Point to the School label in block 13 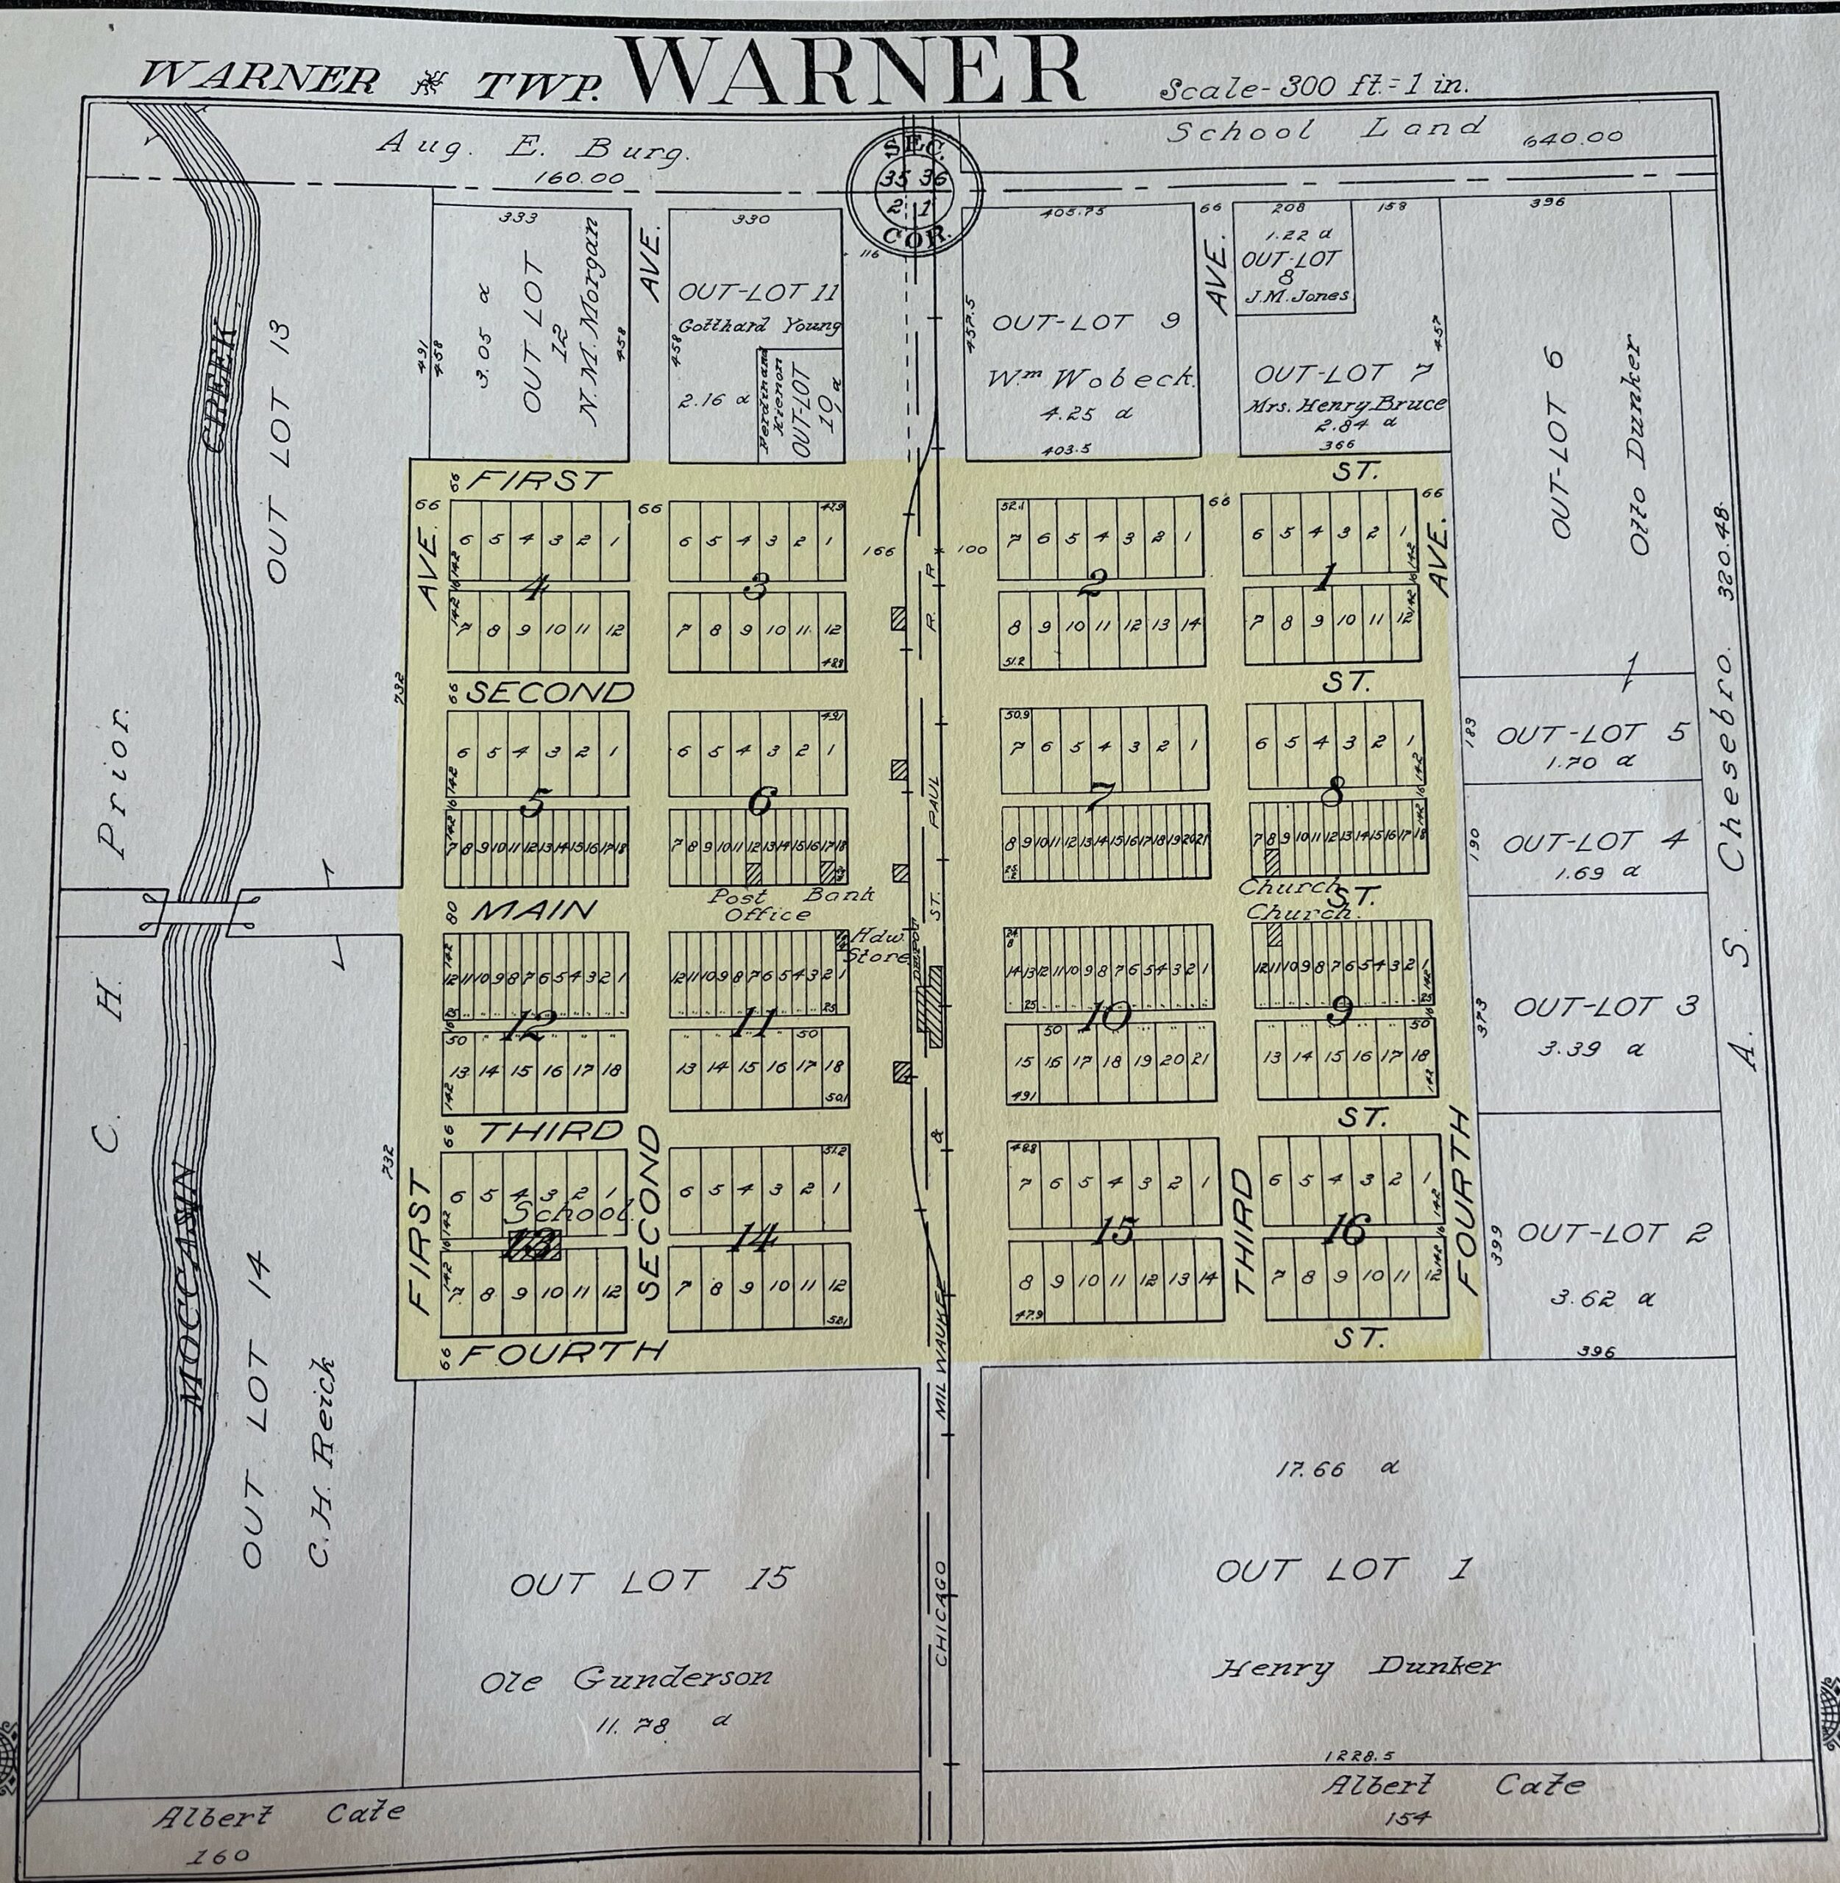point(570,1211)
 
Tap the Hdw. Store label point(875,947)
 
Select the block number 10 point(1107,1015)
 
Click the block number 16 point(1347,1230)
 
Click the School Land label point(1324,129)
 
